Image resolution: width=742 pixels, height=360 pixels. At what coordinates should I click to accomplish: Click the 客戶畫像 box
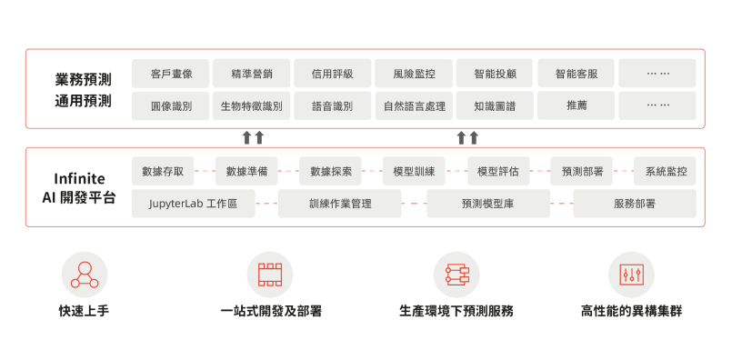pos(170,74)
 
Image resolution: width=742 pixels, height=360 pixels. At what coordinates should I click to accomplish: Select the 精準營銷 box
pos(251,74)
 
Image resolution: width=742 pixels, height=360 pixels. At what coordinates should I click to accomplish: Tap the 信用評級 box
pos(332,74)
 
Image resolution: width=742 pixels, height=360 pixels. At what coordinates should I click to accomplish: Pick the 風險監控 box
pos(413,74)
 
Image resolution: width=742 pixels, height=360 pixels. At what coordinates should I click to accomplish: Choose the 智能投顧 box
pos(495,74)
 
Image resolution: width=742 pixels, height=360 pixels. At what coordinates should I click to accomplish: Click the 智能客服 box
pos(576,74)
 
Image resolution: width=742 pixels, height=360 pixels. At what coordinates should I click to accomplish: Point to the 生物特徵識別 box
pos(251,105)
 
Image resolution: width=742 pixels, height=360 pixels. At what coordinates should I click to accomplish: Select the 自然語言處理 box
pos(413,105)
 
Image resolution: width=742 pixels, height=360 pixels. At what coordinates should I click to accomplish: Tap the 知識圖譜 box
pos(495,105)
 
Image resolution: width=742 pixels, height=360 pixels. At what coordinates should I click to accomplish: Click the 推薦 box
pos(576,105)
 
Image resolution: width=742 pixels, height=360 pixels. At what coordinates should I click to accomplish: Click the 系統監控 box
pos(665,171)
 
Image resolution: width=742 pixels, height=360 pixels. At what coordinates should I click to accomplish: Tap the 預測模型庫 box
pos(488,204)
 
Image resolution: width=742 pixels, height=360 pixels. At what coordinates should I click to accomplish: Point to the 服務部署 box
pos(635,204)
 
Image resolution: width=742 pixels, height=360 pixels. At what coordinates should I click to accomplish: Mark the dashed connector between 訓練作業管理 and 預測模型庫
pos(414,204)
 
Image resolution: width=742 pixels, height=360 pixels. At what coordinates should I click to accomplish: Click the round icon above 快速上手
pos(85,274)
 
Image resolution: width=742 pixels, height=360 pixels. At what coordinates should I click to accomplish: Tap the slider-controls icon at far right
pos(632,274)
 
